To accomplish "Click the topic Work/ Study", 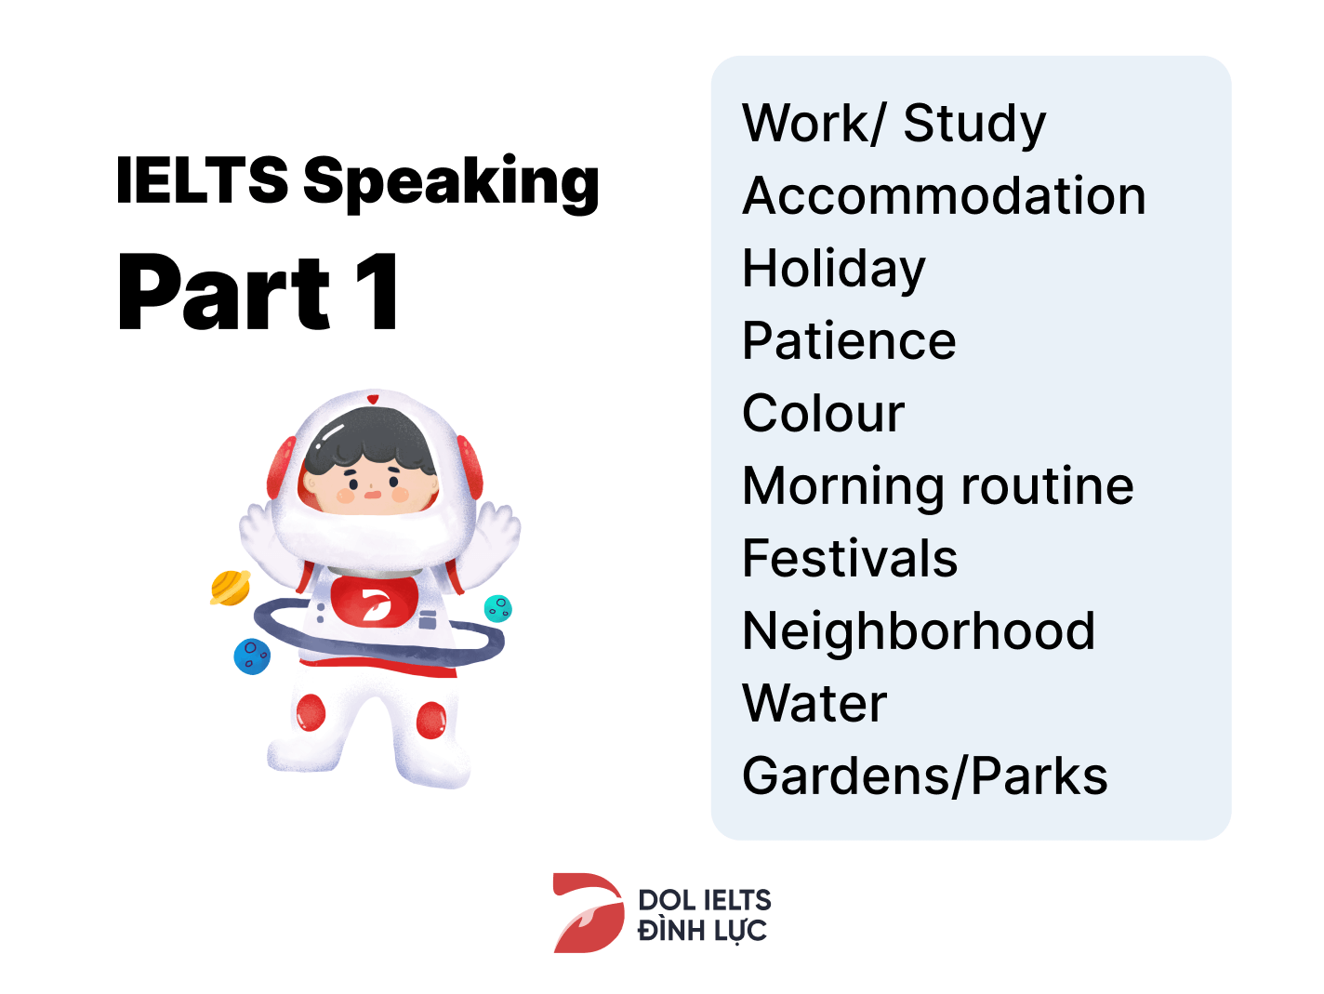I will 894,124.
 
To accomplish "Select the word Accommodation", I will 944,196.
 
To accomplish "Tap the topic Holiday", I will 833,269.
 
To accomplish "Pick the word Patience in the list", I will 848,341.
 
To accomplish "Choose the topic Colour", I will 823,414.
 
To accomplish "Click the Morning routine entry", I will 937,486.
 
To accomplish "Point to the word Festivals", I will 849,559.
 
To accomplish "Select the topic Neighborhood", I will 918,631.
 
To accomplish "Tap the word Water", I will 814,704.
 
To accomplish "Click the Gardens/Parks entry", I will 924,776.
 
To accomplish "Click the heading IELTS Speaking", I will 357,180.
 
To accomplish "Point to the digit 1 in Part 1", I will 381,293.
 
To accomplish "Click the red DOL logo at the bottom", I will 588,913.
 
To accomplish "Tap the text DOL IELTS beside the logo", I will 704,900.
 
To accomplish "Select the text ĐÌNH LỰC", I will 702,931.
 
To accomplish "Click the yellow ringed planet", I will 230,588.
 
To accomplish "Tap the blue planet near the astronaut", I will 251,656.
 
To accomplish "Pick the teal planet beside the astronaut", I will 498,608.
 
